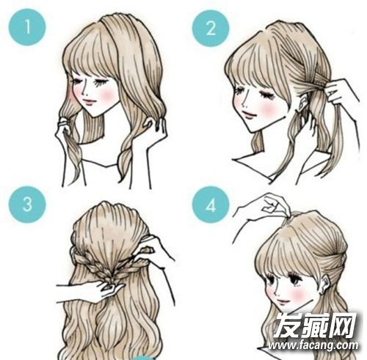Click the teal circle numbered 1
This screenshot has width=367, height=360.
pyautogui.click(x=27, y=27)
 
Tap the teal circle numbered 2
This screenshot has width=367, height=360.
pyautogui.click(x=211, y=28)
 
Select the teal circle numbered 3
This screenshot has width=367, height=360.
pyautogui.click(x=27, y=204)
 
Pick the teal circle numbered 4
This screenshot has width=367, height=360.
pyautogui.click(x=211, y=205)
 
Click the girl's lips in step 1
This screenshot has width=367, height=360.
pyautogui.click(x=90, y=101)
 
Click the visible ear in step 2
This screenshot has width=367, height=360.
pyautogui.click(x=303, y=103)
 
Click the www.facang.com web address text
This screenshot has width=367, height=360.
pyautogui.click(x=313, y=345)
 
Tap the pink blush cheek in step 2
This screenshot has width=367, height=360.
pyautogui.click(x=270, y=109)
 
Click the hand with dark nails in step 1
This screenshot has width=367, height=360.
pyautogui.click(x=156, y=125)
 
